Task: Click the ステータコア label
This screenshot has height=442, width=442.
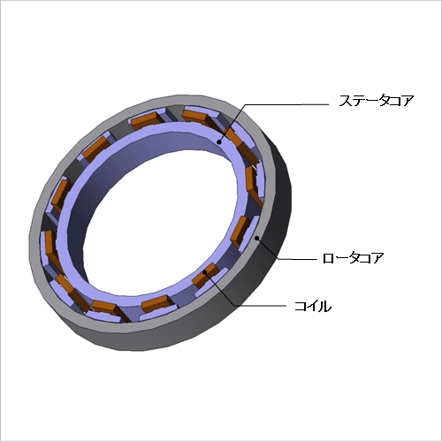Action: [377, 101]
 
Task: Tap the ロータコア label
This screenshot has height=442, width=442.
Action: [354, 258]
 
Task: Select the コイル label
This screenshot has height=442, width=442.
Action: [313, 306]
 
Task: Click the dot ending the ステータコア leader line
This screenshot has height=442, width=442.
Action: [219, 142]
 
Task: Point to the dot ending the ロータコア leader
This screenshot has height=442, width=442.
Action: [257, 238]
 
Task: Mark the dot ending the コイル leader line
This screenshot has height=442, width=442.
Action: [205, 272]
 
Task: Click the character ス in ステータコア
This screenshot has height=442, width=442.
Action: [346, 101]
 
